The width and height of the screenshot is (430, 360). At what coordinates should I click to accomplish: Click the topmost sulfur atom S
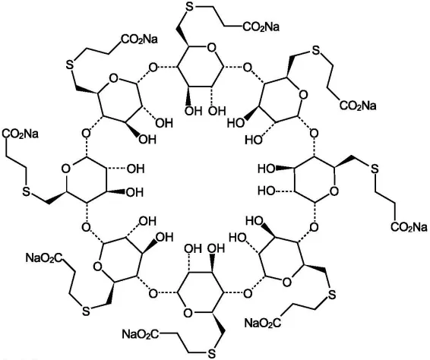190,7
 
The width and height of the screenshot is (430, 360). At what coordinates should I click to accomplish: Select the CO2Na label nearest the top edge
261,27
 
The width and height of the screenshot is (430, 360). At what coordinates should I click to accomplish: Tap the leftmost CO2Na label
20,134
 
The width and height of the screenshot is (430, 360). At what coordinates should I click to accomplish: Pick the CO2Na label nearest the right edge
409,227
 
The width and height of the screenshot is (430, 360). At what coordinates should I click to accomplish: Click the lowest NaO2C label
141,334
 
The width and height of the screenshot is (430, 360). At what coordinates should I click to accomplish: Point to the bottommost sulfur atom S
211,353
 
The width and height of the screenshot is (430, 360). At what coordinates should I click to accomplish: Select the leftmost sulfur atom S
27,191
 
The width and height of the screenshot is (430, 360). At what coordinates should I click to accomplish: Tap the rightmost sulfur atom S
375,169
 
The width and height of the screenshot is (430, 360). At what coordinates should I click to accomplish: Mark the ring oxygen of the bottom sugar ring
188,313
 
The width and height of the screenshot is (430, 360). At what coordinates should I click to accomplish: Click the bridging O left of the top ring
153,67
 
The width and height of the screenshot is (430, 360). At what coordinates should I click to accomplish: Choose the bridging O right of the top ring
248,67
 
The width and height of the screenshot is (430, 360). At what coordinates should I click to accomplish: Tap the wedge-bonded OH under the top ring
193,111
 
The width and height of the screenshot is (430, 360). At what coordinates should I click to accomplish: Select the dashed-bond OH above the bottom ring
193,248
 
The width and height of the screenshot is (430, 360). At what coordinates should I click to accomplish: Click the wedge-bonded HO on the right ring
267,169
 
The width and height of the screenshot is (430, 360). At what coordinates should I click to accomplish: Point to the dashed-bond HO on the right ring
267,191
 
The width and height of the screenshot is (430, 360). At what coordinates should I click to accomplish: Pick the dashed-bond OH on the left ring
135,169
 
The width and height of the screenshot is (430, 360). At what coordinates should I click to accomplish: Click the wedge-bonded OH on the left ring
134,192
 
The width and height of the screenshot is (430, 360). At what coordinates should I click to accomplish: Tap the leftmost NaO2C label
44,257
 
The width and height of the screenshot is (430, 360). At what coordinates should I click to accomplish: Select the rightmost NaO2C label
263,323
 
